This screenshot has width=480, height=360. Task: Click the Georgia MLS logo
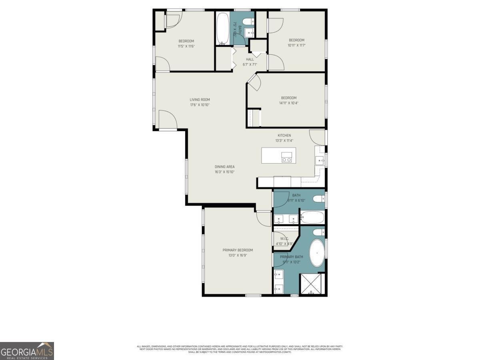click(x=27, y=351)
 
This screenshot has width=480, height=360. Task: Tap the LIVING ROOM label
click(x=200, y=100)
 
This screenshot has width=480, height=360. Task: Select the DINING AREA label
click(x=224, y=167)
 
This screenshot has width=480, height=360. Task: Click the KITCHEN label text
click(x=284, y=135)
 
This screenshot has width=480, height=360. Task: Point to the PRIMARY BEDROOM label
click(x=238, y=250)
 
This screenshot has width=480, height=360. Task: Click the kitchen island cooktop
click(x=286, y=157)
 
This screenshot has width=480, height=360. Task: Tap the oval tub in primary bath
click(x=318, y=253)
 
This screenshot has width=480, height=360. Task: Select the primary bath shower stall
click(x=312, y=284)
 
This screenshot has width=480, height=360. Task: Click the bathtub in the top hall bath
click(x=223, y=29)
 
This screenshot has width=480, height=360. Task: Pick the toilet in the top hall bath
click(x=248, y=22)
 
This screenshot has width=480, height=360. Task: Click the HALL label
click(x=250, y=59)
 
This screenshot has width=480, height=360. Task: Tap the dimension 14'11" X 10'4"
click(x=289, y=103)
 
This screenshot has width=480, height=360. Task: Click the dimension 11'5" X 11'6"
click(x=186, y=46)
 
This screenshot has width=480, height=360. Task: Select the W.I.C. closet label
click(x=284, y=238)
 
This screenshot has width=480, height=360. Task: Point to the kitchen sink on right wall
click(x=321, y=161)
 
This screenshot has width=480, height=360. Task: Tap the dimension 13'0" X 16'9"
click(x=238, y=255)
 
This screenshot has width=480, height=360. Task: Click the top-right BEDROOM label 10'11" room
click(x=296, y=40)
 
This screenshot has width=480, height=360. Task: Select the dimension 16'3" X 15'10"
click(x=224, y=172)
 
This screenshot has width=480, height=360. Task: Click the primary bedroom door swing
click(x=264, y=218)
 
